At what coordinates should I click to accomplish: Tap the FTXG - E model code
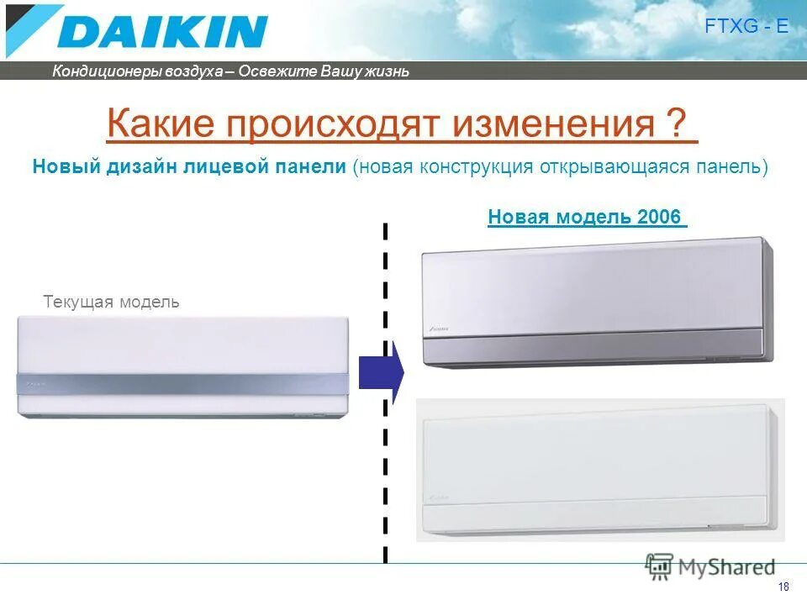[x=747, y=26]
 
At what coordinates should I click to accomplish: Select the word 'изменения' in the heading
[x=554, y=125]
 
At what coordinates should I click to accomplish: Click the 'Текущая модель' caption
[x=111, y=302]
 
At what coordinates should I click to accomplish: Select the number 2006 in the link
[x=659, y=217]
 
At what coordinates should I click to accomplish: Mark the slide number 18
[x=783, y=587]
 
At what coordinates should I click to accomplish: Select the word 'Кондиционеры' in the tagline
[x=97, y=71]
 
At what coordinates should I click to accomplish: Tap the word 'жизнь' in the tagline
[x=388, y=71]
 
